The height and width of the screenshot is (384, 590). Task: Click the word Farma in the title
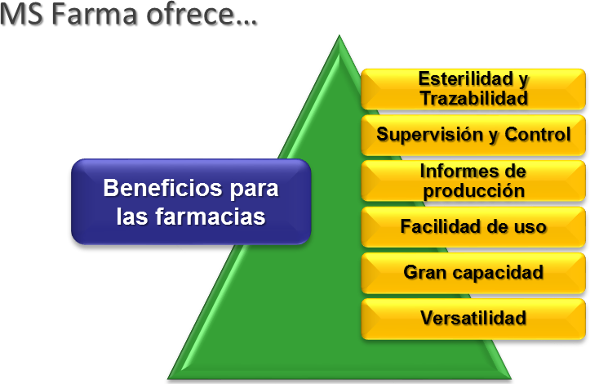click(94, 15)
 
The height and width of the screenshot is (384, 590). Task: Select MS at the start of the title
click(21, 15)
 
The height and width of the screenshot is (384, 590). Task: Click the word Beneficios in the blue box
click(162, 188)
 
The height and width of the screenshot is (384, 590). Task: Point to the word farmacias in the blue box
click(211, 217)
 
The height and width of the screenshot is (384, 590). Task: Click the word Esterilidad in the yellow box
click(466, 78)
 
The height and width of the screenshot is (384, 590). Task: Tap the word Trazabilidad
click(474, 98)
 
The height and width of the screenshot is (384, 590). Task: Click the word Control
click(538, 134)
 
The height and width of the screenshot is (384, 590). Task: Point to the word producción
click(474, 191)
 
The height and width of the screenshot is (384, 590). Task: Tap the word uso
click(530, 227)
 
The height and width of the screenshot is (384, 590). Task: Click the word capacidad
click(498, 273)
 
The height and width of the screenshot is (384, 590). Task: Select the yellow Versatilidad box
click(473, 319)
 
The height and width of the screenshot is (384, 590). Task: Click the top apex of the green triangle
click(339, 35)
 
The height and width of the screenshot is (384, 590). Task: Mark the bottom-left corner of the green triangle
click(168, 379)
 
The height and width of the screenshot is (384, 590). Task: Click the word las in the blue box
click(132, 217)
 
